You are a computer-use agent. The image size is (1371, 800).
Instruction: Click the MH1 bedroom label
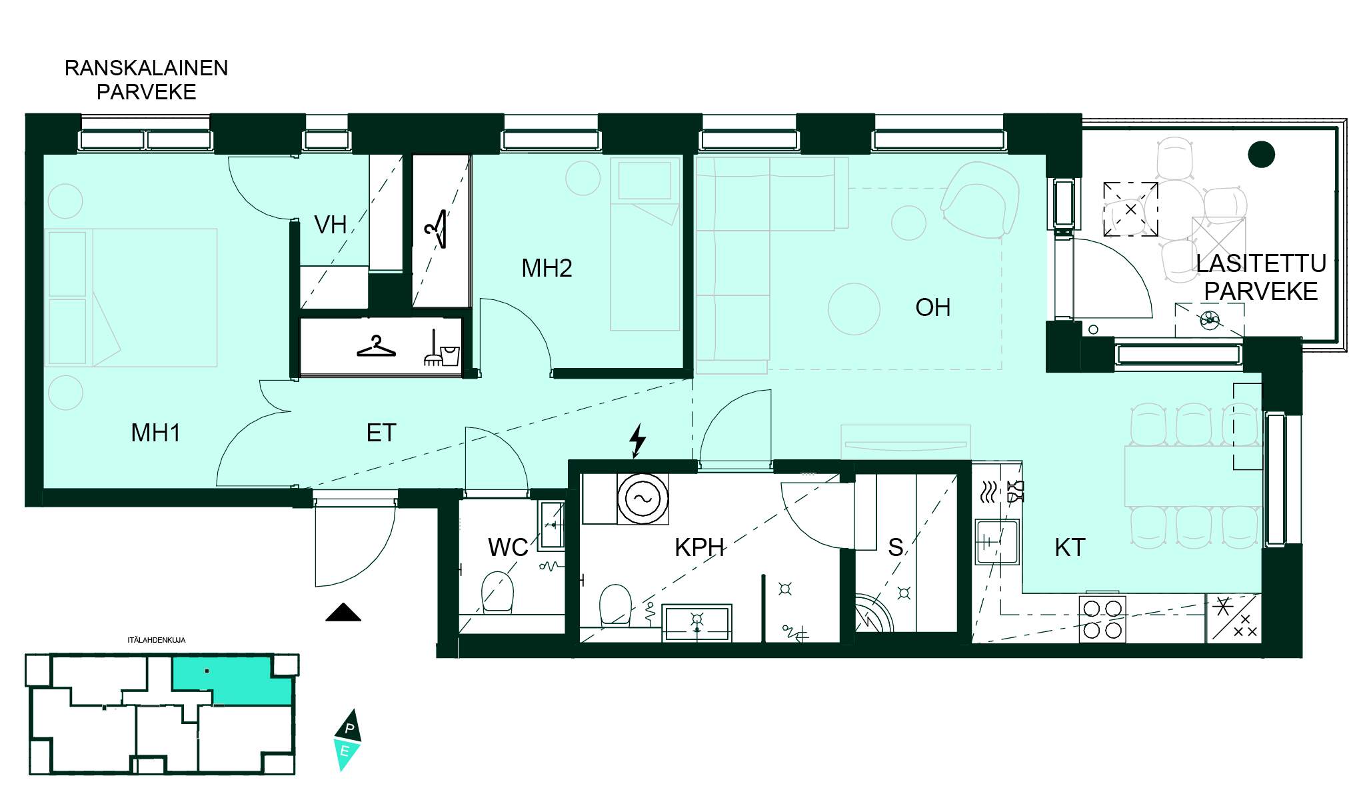(x=156, y=433)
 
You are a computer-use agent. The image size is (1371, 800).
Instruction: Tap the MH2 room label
(x=547, y=268)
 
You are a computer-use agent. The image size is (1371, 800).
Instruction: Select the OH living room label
(x=932, y=307)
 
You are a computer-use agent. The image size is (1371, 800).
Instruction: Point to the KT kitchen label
(x=1070, y=547)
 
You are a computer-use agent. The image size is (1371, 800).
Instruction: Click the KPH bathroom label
(x=699, y=547)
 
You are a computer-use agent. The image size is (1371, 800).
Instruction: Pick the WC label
(x=508, y=547)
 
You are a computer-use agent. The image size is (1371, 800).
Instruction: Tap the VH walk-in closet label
(x=331, y=225)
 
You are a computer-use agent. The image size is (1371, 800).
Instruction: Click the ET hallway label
(x=381, y=433)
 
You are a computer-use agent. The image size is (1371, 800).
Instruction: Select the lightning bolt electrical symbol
(x=638, y=441)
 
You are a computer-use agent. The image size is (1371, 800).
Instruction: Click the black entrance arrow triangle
(x=343, y=613)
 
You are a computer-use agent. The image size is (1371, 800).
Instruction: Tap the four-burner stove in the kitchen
(x=1102, y=619)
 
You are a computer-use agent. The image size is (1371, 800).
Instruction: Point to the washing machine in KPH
(x=643, y=499)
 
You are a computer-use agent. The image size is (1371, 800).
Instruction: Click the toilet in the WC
(x=497, y=591)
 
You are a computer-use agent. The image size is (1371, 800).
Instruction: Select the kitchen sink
(x=997, y=542)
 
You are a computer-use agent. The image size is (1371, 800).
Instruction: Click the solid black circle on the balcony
(x=1261, y=155)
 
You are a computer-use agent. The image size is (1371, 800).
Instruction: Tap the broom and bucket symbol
(x=442, y=349)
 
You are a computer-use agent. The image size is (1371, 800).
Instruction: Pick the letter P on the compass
(x=349, y=728)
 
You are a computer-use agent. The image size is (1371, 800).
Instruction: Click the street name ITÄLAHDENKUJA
(x=157, y=640)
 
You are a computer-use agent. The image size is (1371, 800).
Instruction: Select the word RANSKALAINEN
(x=146, y=68)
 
